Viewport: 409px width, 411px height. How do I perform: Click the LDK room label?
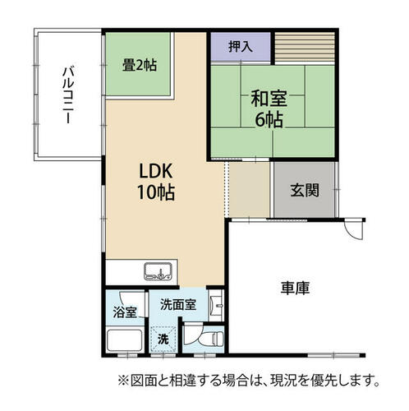[156, 171]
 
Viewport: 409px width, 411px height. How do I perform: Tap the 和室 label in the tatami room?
[269, 99]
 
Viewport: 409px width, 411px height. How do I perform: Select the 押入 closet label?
[241, 46]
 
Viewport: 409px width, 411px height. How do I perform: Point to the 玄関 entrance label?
[305, 190]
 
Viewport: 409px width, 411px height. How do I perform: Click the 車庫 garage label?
[295, 288]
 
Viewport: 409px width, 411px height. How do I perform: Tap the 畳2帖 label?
[140, 66]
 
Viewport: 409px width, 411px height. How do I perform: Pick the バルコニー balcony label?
[68, 95]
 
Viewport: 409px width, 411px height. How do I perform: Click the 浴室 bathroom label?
[125, 312]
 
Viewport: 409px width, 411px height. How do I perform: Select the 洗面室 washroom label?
[178, 304]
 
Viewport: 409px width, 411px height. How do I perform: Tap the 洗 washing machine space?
[163, 339]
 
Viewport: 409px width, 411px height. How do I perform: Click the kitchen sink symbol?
[158, 271]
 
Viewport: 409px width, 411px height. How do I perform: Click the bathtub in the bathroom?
[125, 340]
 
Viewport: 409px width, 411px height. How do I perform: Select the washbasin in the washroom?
[217, 305]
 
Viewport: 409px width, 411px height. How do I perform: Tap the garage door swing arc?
[353, 233]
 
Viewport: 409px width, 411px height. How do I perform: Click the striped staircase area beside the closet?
[305, 47]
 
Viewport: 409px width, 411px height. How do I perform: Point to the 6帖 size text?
[269, 119]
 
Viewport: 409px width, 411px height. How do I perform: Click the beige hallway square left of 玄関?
[250, 189]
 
